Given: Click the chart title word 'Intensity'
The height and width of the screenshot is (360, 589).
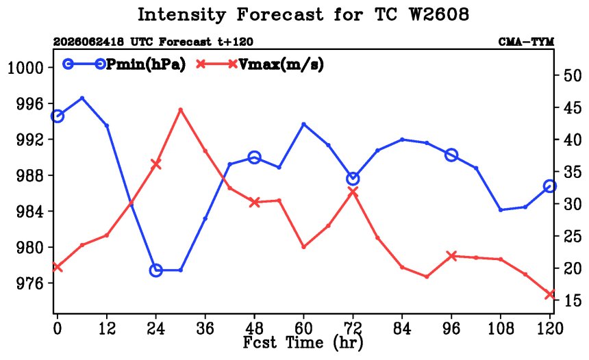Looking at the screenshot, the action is coord(181,15).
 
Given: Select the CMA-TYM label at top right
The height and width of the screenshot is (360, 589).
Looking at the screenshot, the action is coord(526,42).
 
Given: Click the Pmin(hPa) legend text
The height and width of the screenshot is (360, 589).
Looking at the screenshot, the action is coord(146,65).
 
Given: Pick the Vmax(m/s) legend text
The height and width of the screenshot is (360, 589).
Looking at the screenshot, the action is coord(281,65).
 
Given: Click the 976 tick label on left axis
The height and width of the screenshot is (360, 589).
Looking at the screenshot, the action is coord(30,283).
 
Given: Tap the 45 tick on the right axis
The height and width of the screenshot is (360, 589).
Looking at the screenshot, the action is coord(573,108).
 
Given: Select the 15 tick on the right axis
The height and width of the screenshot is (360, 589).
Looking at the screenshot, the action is coord(573,300).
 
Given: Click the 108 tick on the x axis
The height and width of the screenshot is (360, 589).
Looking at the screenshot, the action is coord(501,329).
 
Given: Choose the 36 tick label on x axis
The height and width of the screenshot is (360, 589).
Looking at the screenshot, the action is coord(205,329).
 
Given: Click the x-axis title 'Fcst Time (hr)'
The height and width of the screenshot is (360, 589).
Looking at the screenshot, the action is coord(303,343).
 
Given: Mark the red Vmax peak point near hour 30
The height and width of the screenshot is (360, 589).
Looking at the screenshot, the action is coord(180,110).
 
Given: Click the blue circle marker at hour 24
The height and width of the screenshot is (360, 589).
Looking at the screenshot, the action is coord(156,270).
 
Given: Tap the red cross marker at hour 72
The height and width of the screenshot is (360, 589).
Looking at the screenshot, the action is coord(353,192).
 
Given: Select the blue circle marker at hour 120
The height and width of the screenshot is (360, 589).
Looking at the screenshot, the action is coord(550,186).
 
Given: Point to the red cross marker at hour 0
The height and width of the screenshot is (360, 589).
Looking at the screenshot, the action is coord(57,267).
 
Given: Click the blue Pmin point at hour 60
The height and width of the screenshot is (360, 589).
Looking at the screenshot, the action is coord(304,124).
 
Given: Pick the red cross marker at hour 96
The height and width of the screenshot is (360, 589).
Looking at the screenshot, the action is coord(451,256).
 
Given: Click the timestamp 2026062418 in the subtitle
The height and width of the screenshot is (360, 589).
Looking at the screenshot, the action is coord(88,42).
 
